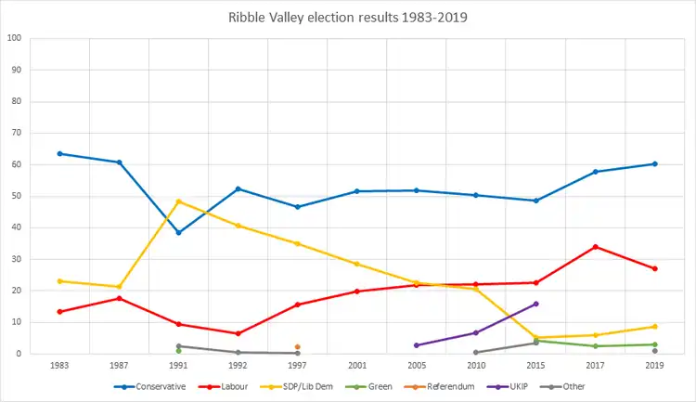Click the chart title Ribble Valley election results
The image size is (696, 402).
(347, 17)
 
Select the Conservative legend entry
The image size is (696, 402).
(153, 386)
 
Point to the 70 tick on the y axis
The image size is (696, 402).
(16, 133)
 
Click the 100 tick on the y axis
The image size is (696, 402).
(14, 38)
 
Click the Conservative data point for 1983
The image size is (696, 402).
(59, 153)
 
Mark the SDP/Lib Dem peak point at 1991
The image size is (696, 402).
(178, 201)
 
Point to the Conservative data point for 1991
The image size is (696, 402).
(178, 232)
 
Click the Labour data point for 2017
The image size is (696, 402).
(595, 247)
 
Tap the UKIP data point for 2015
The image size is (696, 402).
(535, 304)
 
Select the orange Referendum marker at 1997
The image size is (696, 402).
(297, 347)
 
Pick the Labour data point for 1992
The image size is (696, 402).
(238, 333)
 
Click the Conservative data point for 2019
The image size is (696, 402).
(654, 163)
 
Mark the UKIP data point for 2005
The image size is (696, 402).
(417, 345)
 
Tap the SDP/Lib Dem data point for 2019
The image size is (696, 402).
(654, 327)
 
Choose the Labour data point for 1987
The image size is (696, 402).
(119, 298)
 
